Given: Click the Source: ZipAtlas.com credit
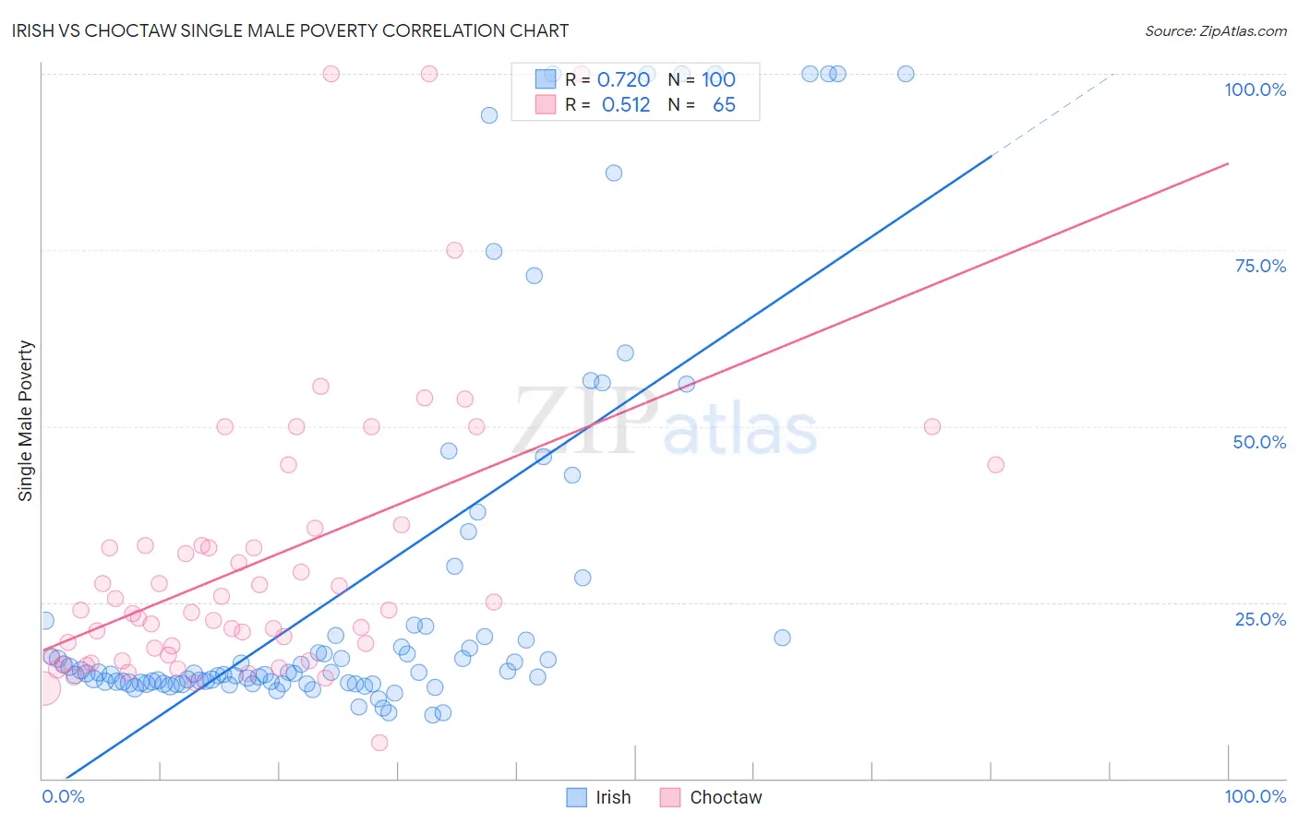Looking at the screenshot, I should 1215,30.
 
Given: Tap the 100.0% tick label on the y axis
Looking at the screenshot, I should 1255,89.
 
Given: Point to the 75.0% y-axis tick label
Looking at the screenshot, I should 1260,266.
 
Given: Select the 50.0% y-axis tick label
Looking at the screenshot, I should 1259,442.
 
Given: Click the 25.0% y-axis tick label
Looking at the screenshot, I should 1260,619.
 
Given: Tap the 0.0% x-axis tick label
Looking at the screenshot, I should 63,796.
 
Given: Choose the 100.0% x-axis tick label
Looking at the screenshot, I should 1255,796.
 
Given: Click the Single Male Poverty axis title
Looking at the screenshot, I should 26,421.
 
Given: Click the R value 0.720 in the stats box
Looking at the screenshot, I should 623,80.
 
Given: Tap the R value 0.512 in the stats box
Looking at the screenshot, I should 625,105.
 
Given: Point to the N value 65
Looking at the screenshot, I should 724,105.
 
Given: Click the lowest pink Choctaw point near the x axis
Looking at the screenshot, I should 379,743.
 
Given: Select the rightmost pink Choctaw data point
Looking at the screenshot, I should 995,464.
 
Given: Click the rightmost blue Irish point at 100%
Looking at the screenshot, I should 906,74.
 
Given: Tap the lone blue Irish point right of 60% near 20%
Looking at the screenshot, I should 782,638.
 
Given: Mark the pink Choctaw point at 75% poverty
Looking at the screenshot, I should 454,250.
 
